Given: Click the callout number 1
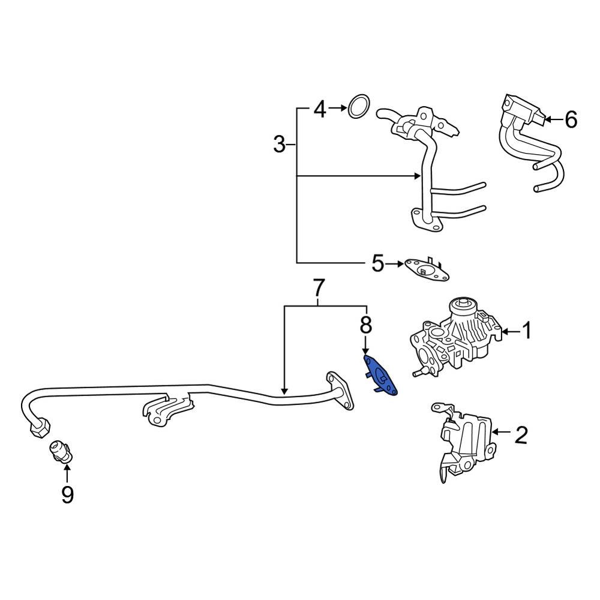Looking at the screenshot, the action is pyautogui.click(x=526, y=331).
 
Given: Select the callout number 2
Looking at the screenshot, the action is pyautogui.click(x=520, y=434).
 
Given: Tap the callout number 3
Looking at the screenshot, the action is pyautogui.click(x=280, y=145).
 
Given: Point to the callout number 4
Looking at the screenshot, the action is pyautogui.click(x=320, y=109).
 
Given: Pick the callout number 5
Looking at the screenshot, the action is pyautogui.click(x=377, y=263).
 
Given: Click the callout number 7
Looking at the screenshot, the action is pyautogui.click(x=319, y=289).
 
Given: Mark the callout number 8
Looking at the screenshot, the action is pyautogui.click(x=365, y=325).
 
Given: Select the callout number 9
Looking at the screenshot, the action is pyautogui.click(x=67, y=494).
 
